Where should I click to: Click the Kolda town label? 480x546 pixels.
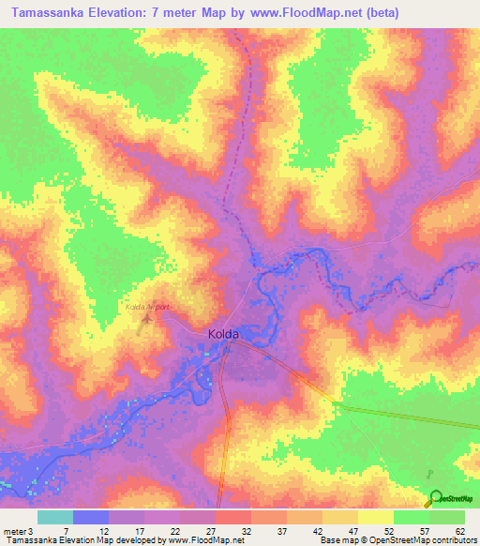(223, 334)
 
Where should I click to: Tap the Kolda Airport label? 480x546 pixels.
(146, 307)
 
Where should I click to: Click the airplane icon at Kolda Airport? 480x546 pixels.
(146, 322)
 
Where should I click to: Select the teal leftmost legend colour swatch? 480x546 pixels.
(55, 517)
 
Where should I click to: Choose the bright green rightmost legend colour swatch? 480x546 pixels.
(447, 517)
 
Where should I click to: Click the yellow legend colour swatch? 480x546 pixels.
(376, 517)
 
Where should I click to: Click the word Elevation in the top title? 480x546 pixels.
(142, 12)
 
